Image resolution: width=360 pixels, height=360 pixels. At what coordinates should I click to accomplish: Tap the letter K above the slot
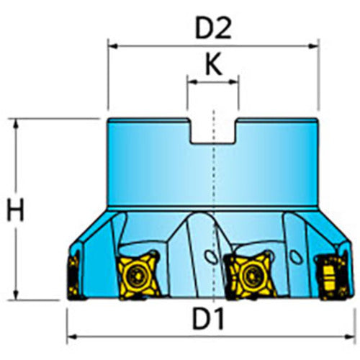212,66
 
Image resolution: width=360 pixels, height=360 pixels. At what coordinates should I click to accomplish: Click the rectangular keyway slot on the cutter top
213,131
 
